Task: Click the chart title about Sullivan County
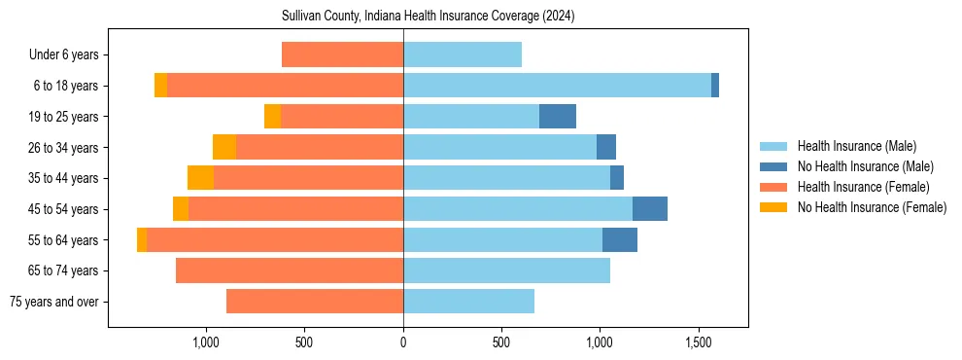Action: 428,17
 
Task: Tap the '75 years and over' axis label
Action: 54,302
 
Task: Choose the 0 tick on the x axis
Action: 403,342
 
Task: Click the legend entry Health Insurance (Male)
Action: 856,146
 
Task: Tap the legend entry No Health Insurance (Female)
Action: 872,207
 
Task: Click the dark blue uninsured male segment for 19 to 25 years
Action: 558,117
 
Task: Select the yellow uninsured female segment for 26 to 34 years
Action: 224,147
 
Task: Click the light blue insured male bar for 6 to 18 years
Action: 557,86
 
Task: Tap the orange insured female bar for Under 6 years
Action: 342,55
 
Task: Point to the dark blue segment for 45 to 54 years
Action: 650,209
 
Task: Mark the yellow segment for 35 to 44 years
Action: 200,178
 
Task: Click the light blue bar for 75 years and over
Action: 468,302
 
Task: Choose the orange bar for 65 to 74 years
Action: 290,270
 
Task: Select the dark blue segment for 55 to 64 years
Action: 620,239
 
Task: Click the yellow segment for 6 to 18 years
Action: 160,86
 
